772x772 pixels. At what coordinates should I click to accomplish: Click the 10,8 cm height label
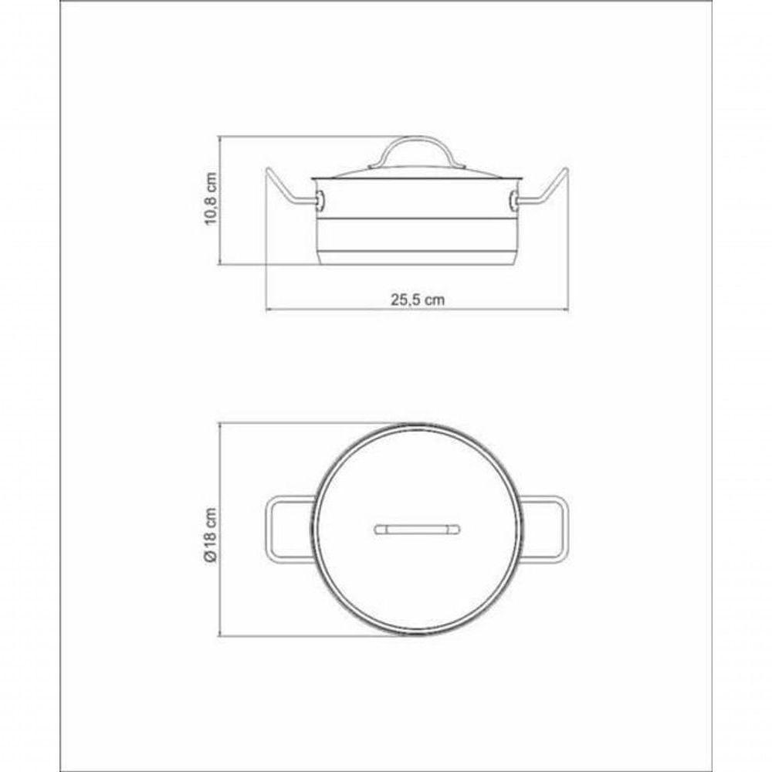coord(211,200)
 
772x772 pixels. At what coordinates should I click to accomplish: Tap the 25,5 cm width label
coord(417,300)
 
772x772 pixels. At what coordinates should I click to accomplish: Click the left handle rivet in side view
coord(320,201)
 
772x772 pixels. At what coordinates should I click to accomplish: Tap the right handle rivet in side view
coord(513,201)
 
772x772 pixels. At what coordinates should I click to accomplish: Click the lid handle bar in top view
coord(417,530)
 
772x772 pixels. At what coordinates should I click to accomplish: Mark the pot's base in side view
coord(417,258)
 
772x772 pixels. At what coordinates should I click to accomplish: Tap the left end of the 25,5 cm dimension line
coord(267,310)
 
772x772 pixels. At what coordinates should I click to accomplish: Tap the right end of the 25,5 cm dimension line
coord(567,310)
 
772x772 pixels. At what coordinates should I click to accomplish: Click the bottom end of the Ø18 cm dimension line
coord(221,636)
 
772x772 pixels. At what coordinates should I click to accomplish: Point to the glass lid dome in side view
coord(417,172)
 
